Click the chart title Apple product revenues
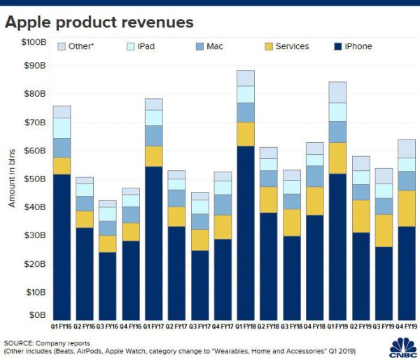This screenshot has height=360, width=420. coord(99,22)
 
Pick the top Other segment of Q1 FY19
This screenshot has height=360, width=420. coord(337,92)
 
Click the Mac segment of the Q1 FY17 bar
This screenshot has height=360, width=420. coord(153,135)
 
